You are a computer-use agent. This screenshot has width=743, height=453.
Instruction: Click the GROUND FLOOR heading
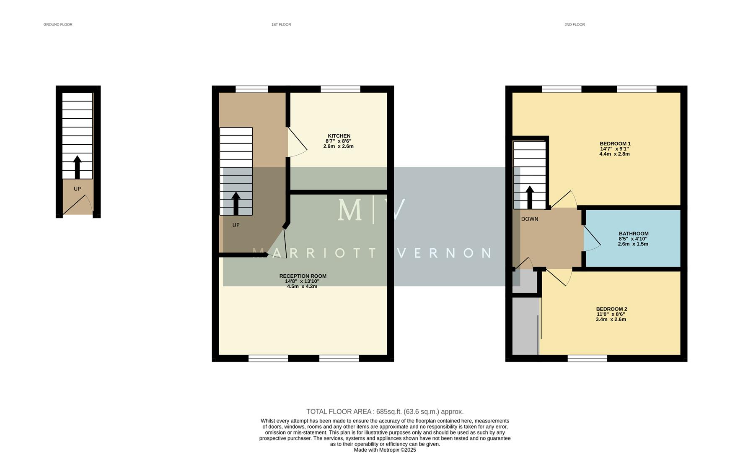(58, 25)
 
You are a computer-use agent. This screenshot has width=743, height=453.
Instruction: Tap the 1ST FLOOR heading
(281, 25)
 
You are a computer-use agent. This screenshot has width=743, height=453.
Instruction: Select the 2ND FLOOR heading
(574, 25)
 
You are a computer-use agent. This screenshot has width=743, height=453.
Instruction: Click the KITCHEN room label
(339, 136)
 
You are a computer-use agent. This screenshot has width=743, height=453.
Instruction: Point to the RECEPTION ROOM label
(303, 276)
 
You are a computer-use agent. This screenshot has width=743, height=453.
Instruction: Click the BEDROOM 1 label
(615, 143)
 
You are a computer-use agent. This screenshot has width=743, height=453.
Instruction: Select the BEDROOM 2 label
(611, 309)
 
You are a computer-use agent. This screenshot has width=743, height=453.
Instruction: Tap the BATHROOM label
(633, 234)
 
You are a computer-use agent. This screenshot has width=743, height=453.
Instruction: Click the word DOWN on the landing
(529, 219)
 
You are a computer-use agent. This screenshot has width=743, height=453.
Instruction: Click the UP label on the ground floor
(77, 189)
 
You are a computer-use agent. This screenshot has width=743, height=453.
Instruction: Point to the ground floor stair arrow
(77, 167)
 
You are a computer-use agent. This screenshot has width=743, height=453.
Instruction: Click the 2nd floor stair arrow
(530, 197)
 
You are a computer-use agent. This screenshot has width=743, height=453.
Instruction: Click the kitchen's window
(340, 89)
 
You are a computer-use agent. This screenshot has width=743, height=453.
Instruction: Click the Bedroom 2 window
(587, 358)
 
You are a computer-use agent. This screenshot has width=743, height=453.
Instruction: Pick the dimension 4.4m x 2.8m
(614, 154)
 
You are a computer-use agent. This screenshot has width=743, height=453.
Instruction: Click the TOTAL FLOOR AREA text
(385, 411)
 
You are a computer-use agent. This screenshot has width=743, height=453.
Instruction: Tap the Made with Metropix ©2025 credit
(385, 450)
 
